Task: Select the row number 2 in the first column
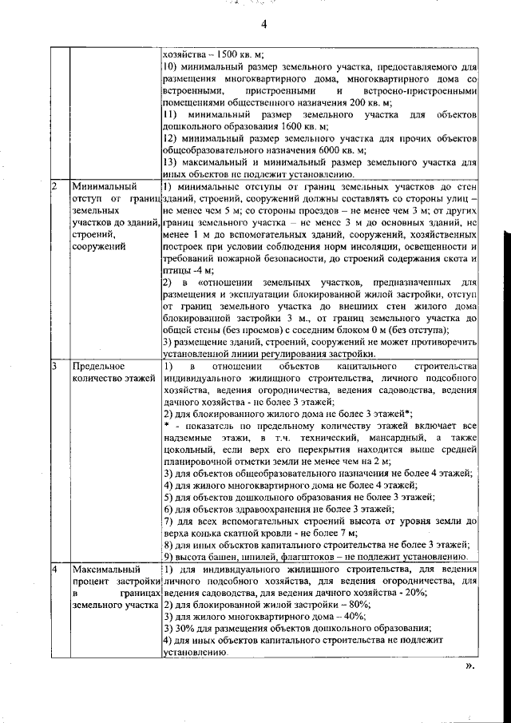coord(54,187)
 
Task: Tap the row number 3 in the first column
coord(54,366)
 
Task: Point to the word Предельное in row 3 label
coord(97,366)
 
